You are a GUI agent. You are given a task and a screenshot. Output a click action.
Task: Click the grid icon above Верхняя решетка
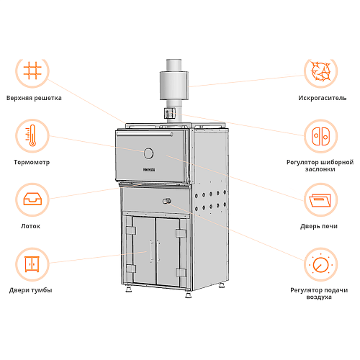[32, 71]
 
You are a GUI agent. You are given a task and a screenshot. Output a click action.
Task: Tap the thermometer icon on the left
[31, 135]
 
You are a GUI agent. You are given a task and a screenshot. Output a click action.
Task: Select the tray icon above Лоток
[32, 199]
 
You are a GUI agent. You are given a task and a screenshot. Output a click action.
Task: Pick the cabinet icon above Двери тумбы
[32, 264]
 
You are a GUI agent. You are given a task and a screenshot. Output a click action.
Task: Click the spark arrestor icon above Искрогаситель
[320, 71]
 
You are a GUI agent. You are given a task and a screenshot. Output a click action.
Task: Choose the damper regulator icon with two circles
[320, 136]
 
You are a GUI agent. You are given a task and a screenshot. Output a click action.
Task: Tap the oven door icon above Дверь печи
[320, 200]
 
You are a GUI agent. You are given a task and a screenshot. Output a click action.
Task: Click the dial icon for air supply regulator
[320, 264]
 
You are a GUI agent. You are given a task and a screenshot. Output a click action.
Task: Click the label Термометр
[32, 162]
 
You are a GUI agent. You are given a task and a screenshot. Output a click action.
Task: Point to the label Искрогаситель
[323, 98]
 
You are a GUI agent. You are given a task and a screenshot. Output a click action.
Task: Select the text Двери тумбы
[31, 290]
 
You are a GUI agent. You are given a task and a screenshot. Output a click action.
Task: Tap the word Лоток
[30, 226]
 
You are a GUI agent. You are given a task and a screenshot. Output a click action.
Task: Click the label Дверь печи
[319, 226]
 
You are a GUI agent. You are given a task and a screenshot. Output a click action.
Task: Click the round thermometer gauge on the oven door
[148, 153]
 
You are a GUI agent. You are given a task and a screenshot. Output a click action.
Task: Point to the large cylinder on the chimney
[174, 86]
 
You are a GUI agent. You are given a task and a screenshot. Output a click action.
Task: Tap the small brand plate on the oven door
[149, 170]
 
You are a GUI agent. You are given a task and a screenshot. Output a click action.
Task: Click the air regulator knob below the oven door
[167, 201]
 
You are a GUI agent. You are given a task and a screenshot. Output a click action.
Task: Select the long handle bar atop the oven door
[145, 134]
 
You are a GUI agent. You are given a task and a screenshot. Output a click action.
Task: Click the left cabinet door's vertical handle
[151, 251]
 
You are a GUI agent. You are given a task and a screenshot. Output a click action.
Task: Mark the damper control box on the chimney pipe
[170, 113]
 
